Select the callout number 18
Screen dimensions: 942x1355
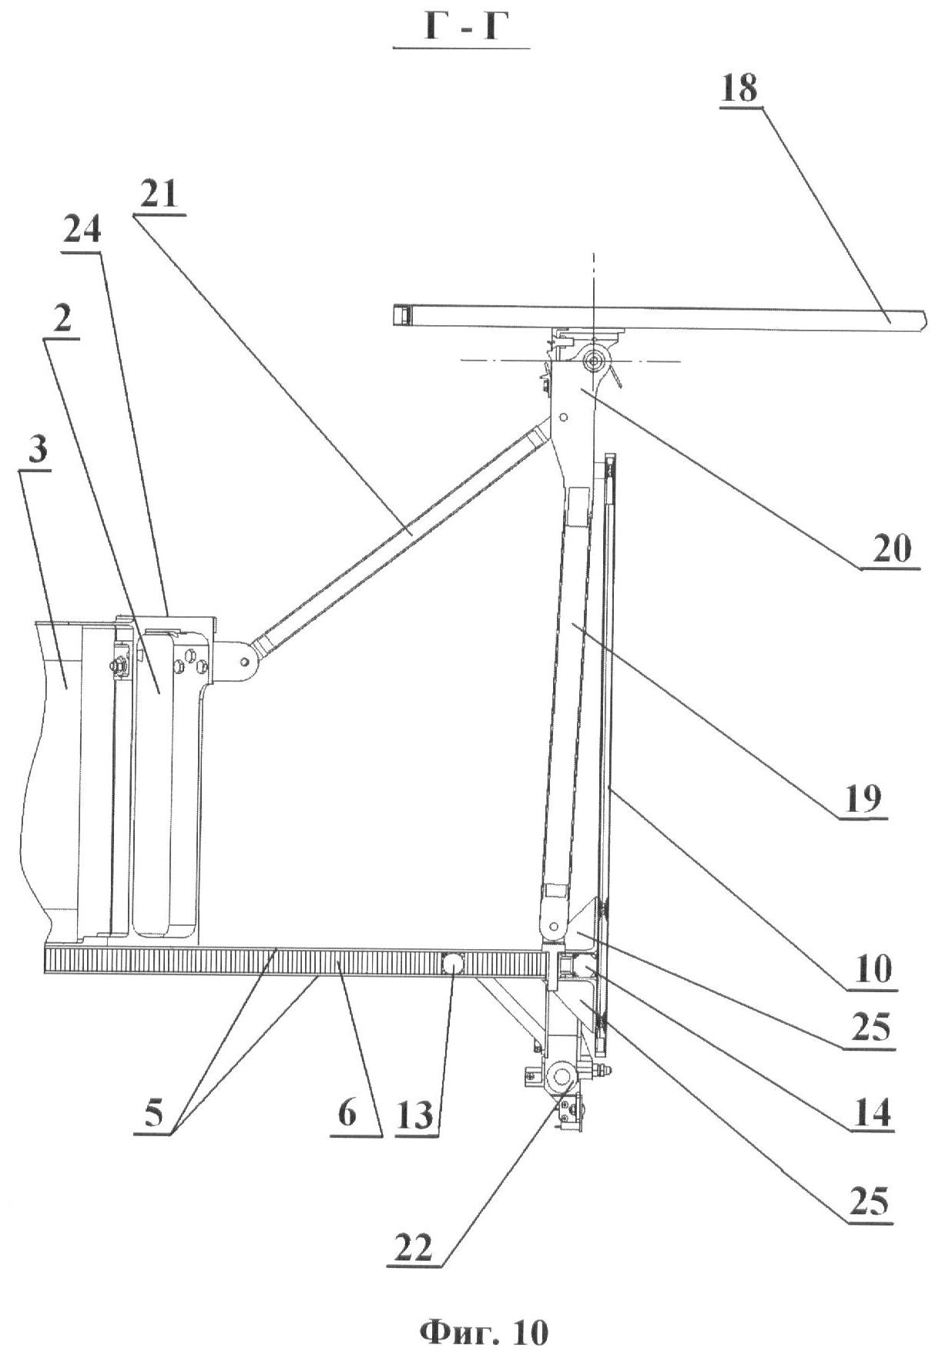coord(739,89)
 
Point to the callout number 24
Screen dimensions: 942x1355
coord(82,230)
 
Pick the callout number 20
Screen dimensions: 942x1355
coord(891,549)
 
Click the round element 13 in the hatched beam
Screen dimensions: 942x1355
coord(452,963)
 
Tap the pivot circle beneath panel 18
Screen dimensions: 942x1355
coord(594,360)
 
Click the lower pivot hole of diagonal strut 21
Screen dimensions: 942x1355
coord(245,661)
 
